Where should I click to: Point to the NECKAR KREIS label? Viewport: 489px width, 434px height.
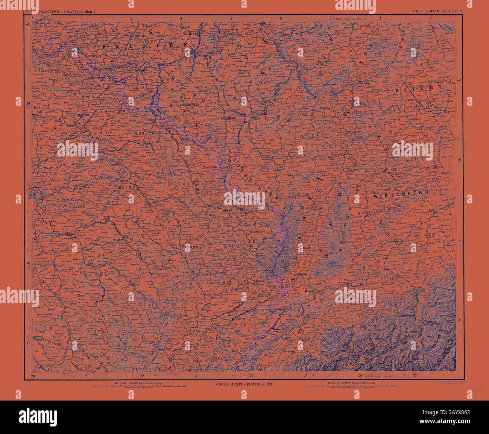tap(387, 170)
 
